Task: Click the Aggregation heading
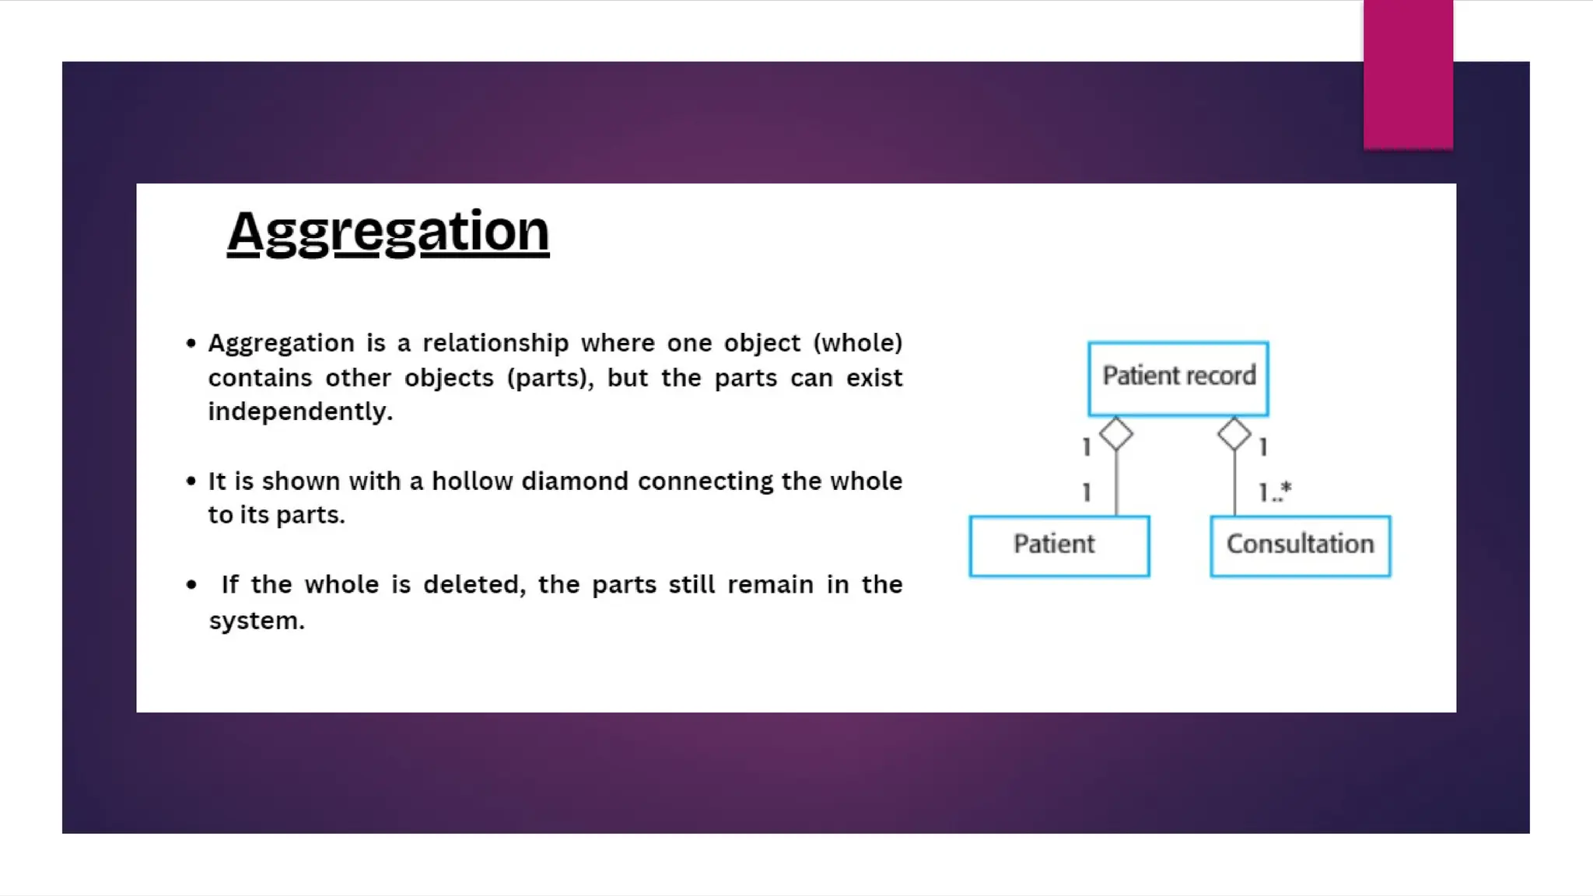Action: [x=388, y=231]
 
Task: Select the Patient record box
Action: [x=1178, y=378]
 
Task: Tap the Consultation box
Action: [x=1300, y=545]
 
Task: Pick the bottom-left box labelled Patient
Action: [x=1059, y=545]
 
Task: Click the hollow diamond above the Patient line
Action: [x=1116, y=434]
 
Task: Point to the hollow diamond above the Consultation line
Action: [x=1234, y=434]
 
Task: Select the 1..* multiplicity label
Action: [x=1275, y=492]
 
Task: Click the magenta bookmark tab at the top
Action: [x=1408, y=74]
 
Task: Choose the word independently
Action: [x=300, y=411]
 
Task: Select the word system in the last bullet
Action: [x=256, y=621]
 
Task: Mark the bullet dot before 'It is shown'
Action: [x=191, y=481]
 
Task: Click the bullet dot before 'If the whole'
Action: [x=191, y=585]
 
